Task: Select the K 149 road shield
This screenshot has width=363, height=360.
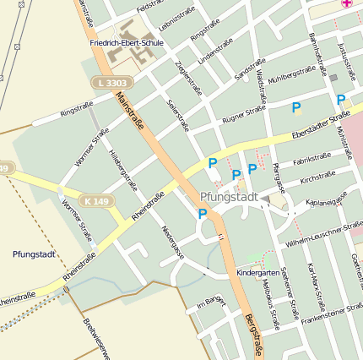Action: click(x=96, y=201)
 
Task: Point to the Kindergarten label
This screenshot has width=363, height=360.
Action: click(x=257, y=274)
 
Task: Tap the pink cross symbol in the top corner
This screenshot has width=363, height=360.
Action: click(x=345, y=4)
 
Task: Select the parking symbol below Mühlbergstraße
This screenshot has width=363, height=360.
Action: click(x=296, y=107)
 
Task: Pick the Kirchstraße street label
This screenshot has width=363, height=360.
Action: click(x=317, y=176)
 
